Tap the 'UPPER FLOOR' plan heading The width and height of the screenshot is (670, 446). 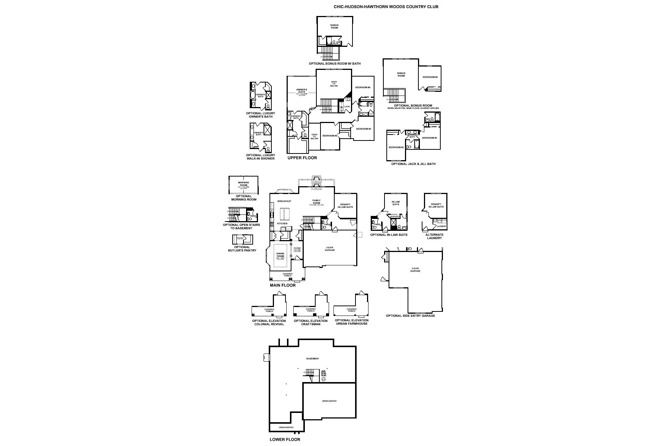pos(302,158)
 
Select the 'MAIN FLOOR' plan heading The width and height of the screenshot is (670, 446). pos(283,285)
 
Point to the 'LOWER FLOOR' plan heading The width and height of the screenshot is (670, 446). pos(285,439)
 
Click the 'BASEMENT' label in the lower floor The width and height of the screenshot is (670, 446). pos(312,359)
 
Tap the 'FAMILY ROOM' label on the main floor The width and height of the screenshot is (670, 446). pos(316,202)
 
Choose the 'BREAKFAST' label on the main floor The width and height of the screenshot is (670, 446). pos(284,201)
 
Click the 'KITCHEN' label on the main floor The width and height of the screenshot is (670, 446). pos(282,223)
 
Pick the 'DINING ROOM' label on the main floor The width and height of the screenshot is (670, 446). pos(280,255)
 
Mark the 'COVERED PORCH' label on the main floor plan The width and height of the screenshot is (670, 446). pos(287,275)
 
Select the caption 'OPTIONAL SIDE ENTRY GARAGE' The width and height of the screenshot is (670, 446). pos(410,316)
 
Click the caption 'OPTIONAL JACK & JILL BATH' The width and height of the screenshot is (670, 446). pos(413,164)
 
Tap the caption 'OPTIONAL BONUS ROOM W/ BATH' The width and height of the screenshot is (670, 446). pos(335,64)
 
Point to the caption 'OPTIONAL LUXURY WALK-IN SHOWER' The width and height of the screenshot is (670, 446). pos(261,157)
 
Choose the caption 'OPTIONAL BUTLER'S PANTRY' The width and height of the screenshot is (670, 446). pos(242,249)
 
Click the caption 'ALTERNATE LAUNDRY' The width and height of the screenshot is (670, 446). pos(434,236)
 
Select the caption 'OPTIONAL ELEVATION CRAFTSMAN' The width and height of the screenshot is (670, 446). pos(311,322)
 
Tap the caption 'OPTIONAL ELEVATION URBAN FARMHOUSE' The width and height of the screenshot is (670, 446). pos(352,322)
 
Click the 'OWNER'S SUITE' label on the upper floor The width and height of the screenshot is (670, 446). pos(301,91)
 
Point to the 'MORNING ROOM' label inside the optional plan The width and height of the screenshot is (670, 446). pos(243,184)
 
